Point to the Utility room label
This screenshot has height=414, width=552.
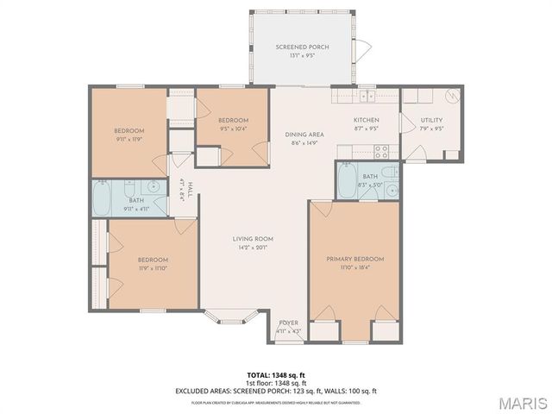point(431,120)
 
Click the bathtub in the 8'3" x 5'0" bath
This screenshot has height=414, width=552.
point(347,181)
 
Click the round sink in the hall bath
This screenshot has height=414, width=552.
point(154,185)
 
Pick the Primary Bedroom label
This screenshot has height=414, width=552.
point(354,259)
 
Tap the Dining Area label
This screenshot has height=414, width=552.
point(304,135)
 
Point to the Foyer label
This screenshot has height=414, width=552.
point(288,323)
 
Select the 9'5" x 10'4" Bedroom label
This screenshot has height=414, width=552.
point(233,120)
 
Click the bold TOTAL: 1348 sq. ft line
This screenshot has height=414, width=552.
point(276,374)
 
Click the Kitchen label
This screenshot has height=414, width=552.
point(367,120)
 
